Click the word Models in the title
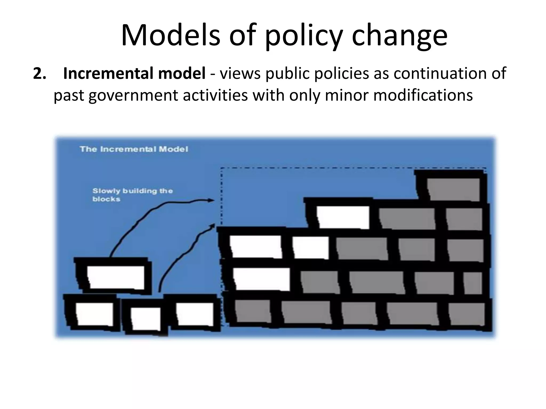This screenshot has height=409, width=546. (171, 35)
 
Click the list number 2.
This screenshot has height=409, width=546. (39, 73)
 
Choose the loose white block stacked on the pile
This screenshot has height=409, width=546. (115, 277)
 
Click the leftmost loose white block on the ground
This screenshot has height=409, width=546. (94, 314)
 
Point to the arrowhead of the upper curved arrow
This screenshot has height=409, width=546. (212, 200)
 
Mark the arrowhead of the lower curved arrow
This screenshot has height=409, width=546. (213, 226)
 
